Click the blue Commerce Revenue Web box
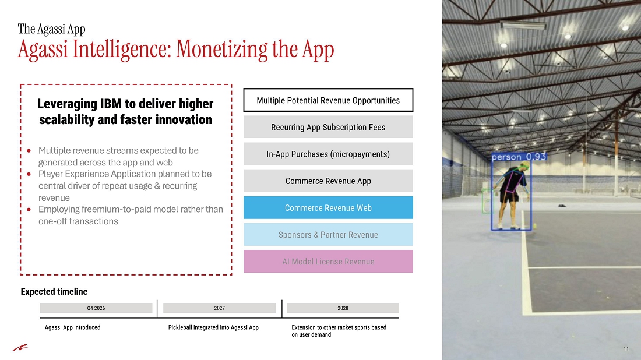click(328, 207)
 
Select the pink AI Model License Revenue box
click(328, 262)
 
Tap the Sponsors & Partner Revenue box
click(328, 235)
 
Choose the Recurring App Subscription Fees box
click(328, 127)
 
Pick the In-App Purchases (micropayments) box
click(328, 154)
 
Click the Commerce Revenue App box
click(328, 181)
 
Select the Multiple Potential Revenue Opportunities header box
click(328, 100)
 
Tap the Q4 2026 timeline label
click(96, 308)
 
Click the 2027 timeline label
click(220, 308)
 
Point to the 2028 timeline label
click(343, 308)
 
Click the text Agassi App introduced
click(72, 327)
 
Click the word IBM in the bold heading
click(111, 104)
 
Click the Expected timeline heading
click(54, 291)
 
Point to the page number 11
click(626, 349)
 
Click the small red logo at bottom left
click(20, 348)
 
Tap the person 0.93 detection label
click(519, 157)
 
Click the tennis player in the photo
click(511, 195)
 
